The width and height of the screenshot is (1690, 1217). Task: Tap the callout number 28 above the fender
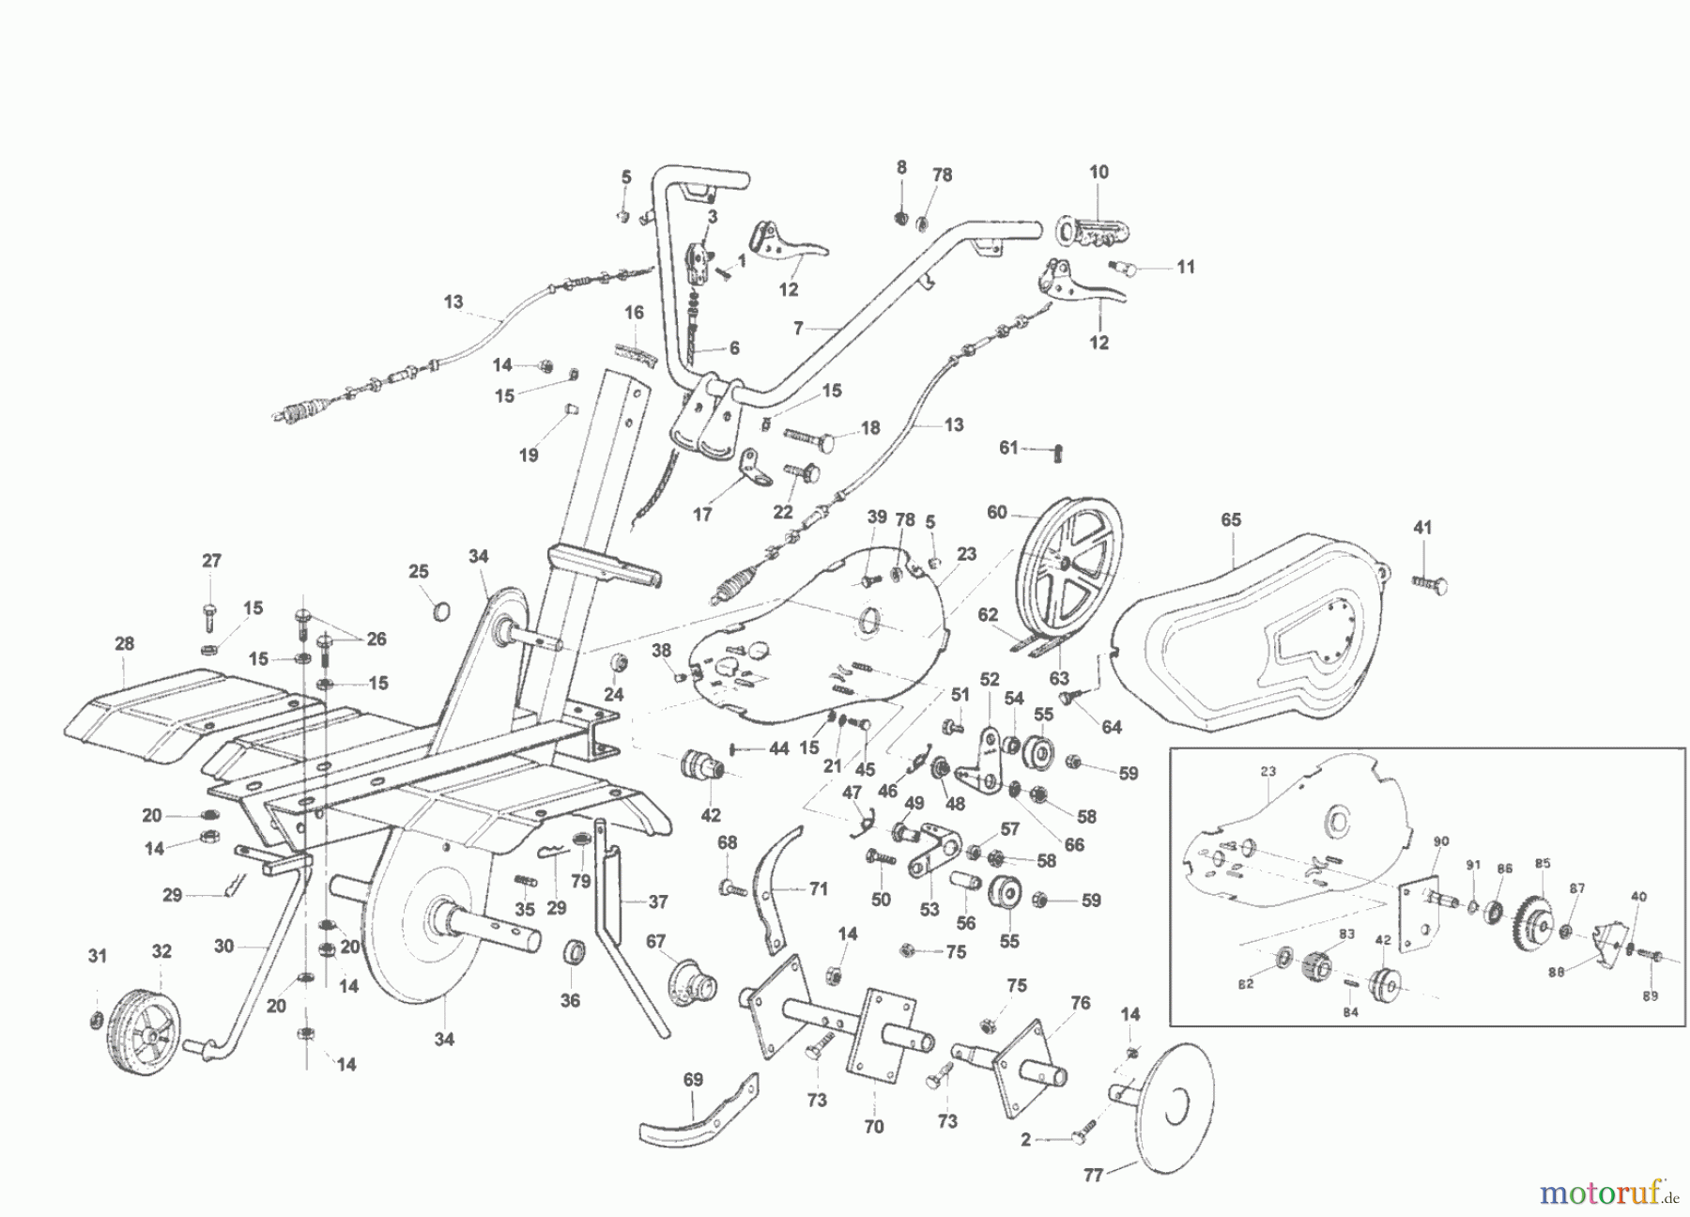coord(124,644)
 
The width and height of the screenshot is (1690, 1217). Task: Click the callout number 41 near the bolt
coord(1422,528)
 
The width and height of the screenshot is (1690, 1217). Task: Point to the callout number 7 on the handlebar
coord(798,329)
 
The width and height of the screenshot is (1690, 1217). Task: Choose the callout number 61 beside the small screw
coord(1007,448)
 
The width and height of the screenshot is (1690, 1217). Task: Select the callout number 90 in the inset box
coord(1442,840)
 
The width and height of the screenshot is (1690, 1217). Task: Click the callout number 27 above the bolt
coord(211,561)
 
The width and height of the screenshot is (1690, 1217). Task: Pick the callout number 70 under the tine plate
coord(873,1127)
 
